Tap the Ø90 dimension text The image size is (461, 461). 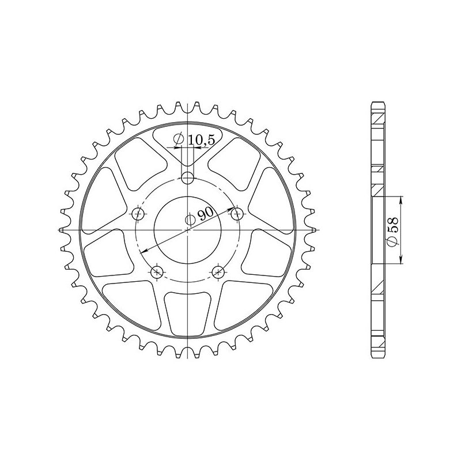coord(199,216)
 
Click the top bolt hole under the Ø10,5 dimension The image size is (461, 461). coord(188,177)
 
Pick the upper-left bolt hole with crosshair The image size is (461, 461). coord(138,214)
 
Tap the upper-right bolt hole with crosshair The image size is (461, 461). coord(236,214)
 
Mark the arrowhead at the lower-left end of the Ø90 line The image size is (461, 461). coord(142,251)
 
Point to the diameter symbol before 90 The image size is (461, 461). coord(191,219)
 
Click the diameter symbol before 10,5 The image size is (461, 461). coord(177,139)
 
